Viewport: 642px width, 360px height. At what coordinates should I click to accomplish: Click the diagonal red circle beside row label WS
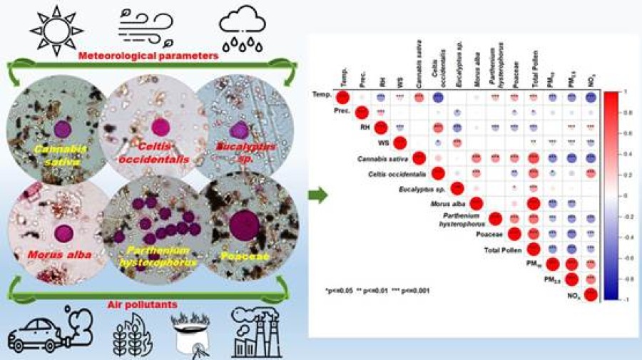tap(400, 142)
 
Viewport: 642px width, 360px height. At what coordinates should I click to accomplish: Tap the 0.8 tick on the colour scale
tap(618, 113)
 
